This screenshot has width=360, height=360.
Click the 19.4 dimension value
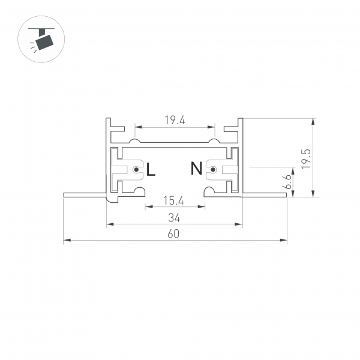click(175, 120)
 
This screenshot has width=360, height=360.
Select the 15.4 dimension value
click(175, 200)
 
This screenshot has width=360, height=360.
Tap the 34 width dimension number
click(175, 218)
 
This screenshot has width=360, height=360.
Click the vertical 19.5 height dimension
click(305, 157)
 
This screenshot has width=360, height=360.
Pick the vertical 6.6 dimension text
click(289, 182)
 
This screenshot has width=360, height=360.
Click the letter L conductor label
click(151, 170)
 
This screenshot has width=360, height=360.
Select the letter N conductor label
click(196, 169)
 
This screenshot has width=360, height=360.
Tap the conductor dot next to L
click(137, 171)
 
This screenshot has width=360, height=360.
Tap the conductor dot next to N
click(212, 171)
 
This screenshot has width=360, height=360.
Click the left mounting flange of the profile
click(85, 194)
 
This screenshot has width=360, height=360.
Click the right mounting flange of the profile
click(265, 194)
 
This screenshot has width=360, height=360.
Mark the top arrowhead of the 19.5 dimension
click(313, 121)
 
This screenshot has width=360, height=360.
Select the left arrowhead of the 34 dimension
click(109, 225)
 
